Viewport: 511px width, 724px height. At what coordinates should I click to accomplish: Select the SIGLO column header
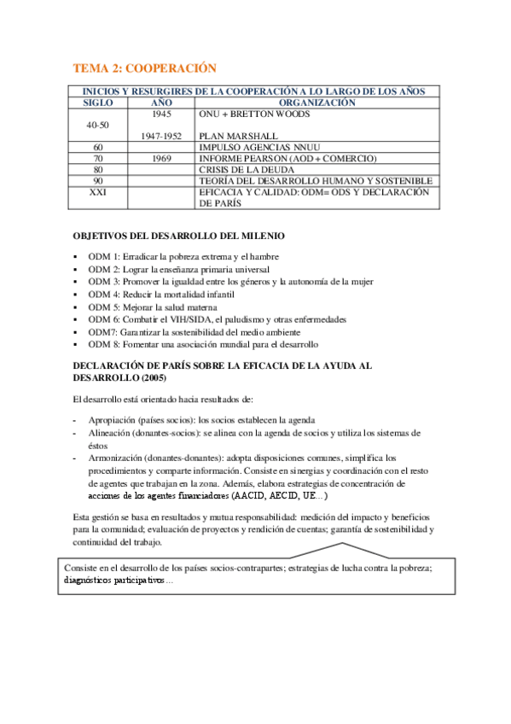(x=97, y=102)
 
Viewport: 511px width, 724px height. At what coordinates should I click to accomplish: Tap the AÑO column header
(x=161, y=102)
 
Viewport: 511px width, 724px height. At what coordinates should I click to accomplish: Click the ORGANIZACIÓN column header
(x=316, y=102)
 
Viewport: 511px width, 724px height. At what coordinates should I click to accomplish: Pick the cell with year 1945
(x=161, y=114)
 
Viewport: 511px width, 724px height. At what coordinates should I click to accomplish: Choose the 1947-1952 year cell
(x=161, y=136)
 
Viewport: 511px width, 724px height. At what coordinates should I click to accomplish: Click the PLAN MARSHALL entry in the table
(x=238, y=136)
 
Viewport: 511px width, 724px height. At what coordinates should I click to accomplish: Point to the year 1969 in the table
(x=161, y=158)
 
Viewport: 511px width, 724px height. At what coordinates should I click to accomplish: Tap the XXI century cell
(x=97, y=192)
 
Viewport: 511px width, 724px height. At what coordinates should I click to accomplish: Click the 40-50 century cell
(x=97, y=125)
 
